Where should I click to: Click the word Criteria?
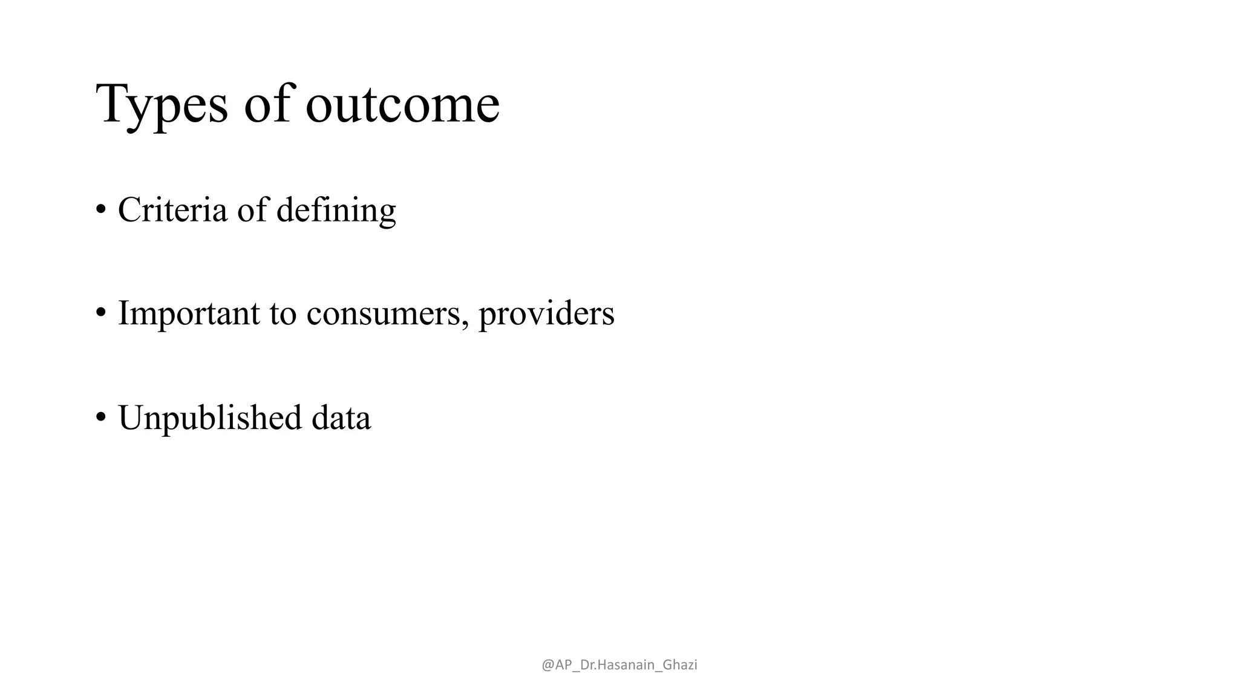coord(172,210)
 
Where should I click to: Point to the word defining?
coord(336,211)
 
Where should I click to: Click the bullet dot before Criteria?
coord(100,211)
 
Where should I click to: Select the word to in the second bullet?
coord(283,314)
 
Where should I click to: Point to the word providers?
coord(546,314)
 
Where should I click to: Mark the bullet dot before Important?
coord(100,314)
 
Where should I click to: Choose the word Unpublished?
coord(209,418)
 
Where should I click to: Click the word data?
coord(341,418)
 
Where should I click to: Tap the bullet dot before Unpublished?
coord(100,418)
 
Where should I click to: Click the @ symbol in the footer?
coord(548,665)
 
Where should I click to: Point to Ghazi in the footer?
coord(680,665)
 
